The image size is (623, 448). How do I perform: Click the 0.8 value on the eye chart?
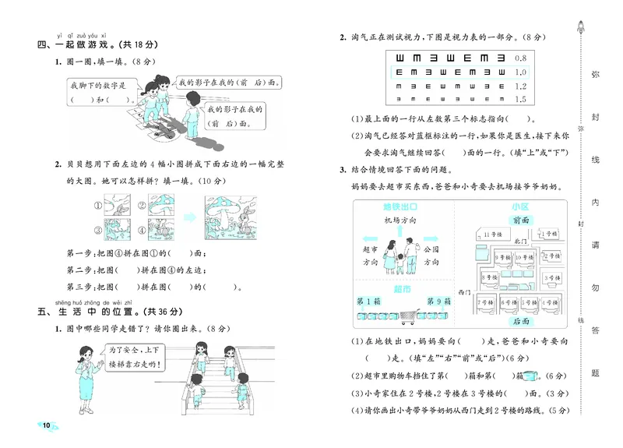[x=521, y=58]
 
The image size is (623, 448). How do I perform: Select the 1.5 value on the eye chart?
[x=521, y=100]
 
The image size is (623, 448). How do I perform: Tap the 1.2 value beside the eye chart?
[x=521, y=86]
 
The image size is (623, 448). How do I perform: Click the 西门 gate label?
[x=466, y=291]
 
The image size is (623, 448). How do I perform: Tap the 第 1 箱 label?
[x=368, y=302]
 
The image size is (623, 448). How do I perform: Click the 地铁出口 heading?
[x=397, y=207]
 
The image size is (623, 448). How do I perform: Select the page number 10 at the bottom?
[x=46, y=425]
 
